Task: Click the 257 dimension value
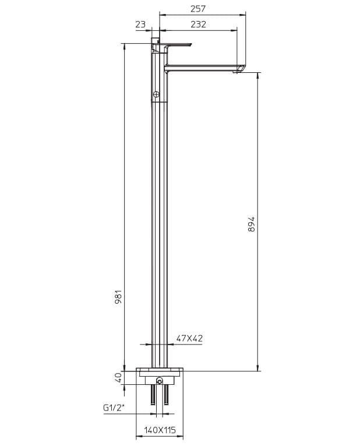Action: [x=197, y=9]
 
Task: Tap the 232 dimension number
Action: [x=198, y=24]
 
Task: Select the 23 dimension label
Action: [x=140, y=24]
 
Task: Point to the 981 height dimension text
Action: [x=118, y=297]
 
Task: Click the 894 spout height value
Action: [x=252, y=224]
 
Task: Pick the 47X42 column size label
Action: [x=189, y=338]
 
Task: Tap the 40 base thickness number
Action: [x=118, y=377]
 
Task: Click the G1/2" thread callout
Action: [x=114, y=408]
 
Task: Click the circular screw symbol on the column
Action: [x=156, y=94]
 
